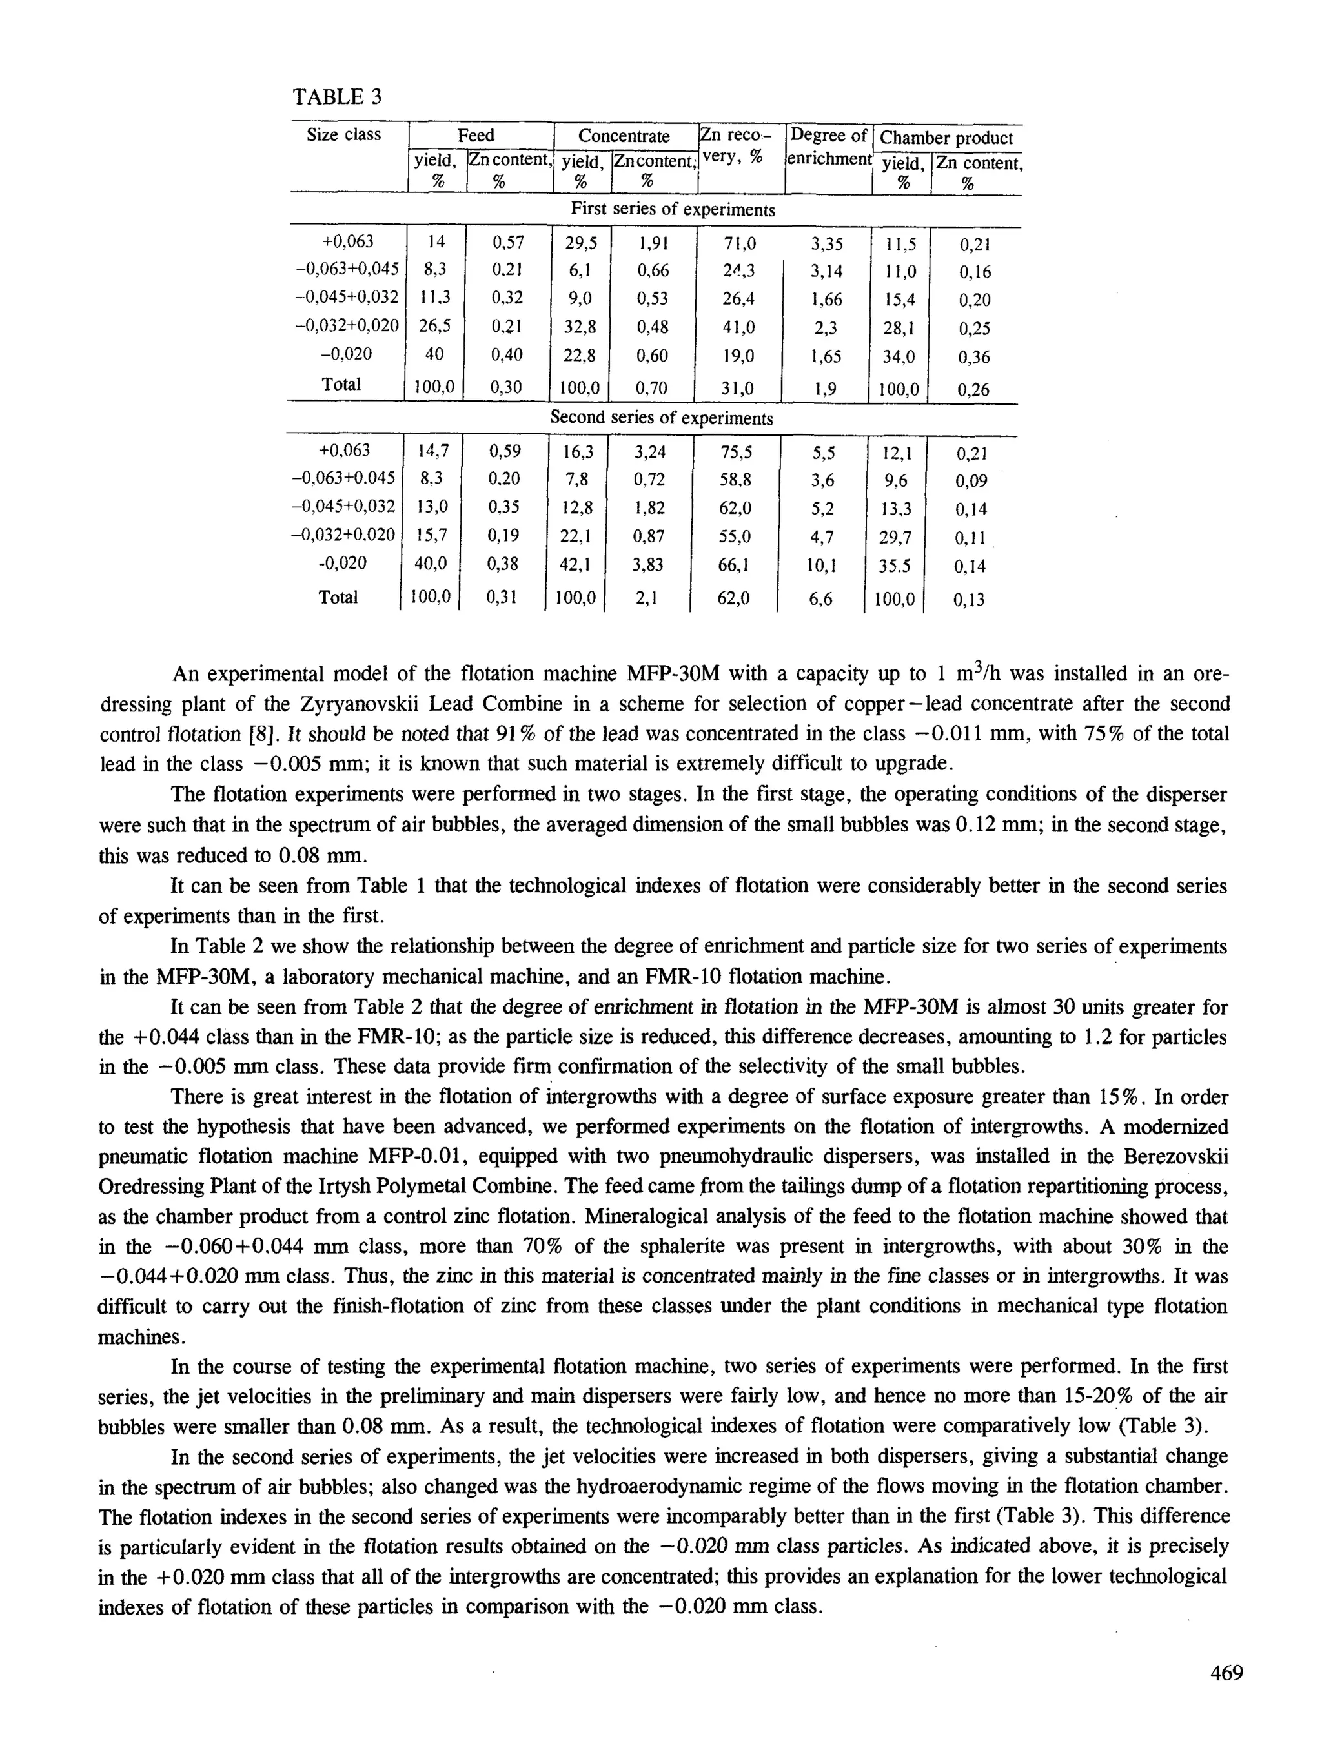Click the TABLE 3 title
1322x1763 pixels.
[337, 97]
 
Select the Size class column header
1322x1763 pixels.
[343, 135]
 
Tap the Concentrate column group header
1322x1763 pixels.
[624, 136]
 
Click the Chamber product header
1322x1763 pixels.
[946, 138]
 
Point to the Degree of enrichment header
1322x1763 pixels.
[829, 147]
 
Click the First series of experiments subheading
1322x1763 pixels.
[673, 210]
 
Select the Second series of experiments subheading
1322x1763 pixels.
[662, 418]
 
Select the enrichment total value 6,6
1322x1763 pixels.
[822, 598]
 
